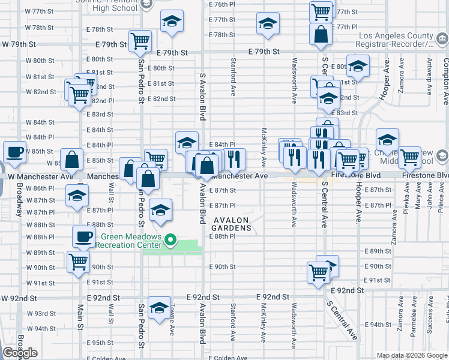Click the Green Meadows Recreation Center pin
[x=170, y=241]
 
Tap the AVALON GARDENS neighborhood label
[x=232, y=224]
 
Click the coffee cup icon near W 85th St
[x=14, y=152]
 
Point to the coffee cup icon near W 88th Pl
[x=83, y=235]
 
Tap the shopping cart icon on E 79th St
[x=140, y=41]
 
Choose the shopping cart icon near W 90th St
[x=78, y=262]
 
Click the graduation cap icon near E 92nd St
[x=159, y=308]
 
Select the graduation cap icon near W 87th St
[x=77, y=196]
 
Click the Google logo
[x=20, y=353]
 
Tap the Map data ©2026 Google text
[x=412, y=355]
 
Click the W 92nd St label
[x=19, y=298]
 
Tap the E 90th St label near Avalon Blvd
[x=222, y=266]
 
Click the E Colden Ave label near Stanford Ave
[x=229, y=358]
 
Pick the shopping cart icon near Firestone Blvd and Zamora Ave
[x=409, y=157]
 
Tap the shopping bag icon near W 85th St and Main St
[x=72, y=160]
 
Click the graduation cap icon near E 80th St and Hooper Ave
[x=358, y=65]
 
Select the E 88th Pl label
[x=222, y=236]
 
